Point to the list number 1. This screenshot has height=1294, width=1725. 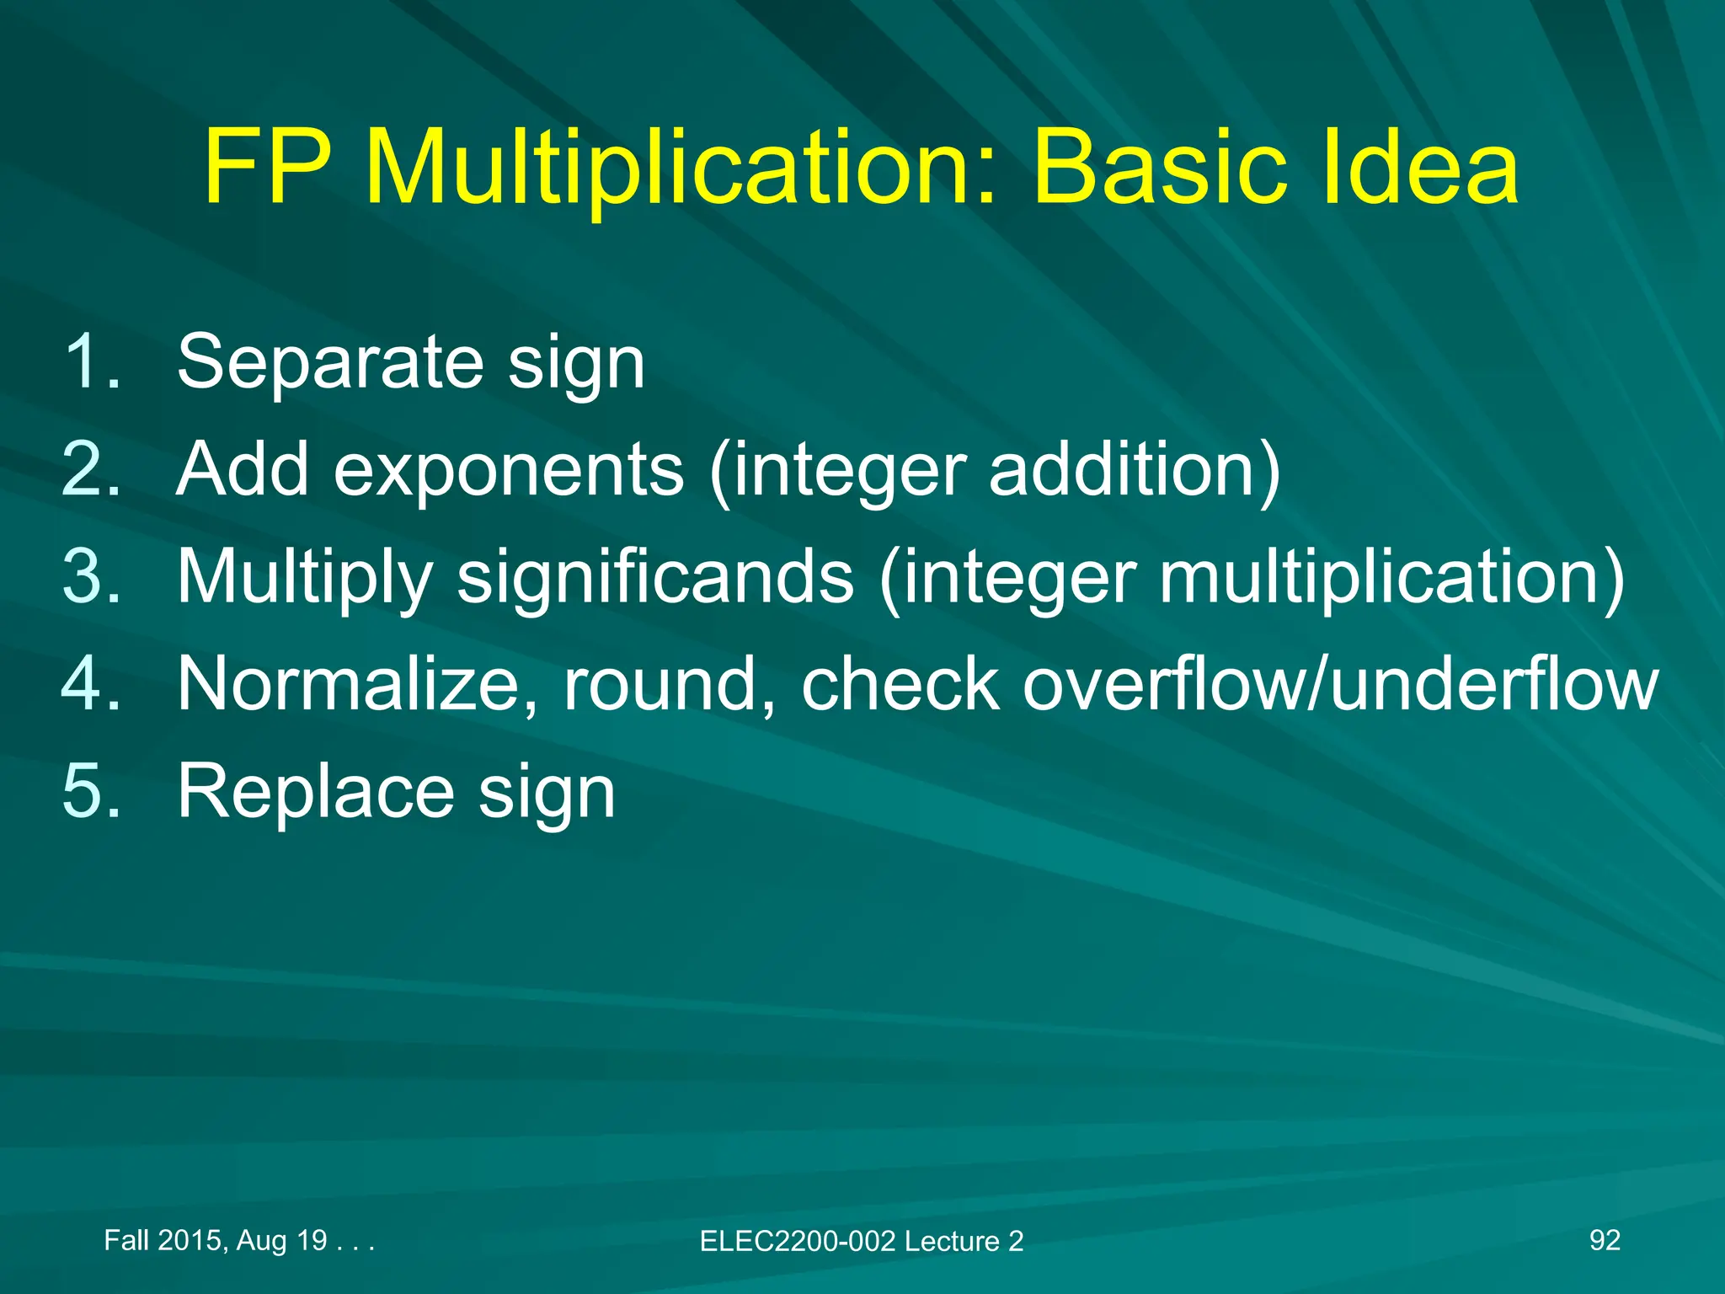pyautogui.click(x=91, y=362)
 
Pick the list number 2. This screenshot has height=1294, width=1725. pyautogui.click(x=91, y=469)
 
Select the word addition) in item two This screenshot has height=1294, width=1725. pyautogui.click(x=1134, y=469)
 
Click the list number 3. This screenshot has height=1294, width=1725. pyautogui.click(x=91, y=577)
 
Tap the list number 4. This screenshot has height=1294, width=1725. pyautogui.click(x=91, y=684)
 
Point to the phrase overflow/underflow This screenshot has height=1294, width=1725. pyautogui.click(x=1339, y=684)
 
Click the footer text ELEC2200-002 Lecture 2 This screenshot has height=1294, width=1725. pyautogui.click(x=861, y=1241)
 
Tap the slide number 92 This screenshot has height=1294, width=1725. pyautogui.click(x=1604, y=1240)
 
